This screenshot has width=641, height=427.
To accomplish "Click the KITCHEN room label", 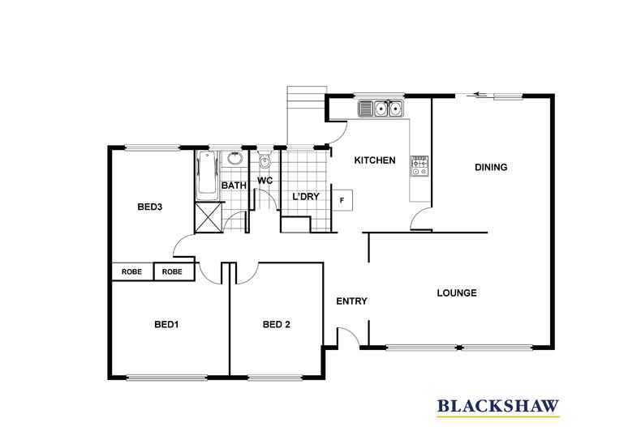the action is pos(375,160).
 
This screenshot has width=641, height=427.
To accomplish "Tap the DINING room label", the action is pos(491,167).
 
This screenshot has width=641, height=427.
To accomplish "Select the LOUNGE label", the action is pos(457,292).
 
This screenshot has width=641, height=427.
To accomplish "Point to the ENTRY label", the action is pos(351,301).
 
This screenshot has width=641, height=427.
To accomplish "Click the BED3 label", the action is pos(149,207).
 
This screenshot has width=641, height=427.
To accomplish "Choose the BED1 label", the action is pos(166,325).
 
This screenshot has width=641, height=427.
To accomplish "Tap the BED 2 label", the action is pos(277,325).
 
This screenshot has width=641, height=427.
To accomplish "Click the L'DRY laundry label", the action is pos(306,196).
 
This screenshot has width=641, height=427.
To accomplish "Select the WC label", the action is pos(265,180).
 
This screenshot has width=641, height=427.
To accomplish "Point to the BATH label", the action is pos(234,186).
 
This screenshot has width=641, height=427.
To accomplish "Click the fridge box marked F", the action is pos(342,200).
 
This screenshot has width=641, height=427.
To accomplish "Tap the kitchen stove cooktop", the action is pos(419,166).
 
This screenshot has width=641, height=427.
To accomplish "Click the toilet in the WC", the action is pos(265,160).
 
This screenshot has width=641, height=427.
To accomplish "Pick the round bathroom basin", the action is pos(234,158).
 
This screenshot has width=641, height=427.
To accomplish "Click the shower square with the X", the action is pos(209,217).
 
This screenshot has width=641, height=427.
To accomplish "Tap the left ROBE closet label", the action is pos(131,271).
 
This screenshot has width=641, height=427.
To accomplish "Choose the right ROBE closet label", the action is pos(172,271).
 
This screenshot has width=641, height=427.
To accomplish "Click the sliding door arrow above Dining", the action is pos(481,95).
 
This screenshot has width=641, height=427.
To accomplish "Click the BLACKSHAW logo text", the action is pos(498,406).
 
